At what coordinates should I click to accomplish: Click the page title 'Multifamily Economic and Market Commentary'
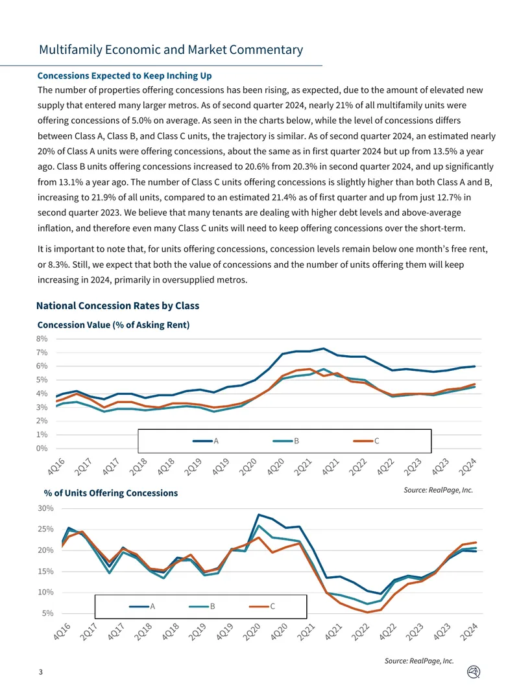(171, 50)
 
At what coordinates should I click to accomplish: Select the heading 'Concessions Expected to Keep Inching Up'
(125, 76)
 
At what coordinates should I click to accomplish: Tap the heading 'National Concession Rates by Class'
(117, 306)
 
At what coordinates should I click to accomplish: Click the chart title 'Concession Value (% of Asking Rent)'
(114, 325)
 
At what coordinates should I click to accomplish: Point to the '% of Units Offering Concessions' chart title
(111, 493)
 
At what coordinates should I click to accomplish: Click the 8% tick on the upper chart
(42, 339)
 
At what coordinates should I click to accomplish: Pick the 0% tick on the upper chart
(42, 448)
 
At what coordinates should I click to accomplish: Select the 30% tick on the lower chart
(46, 508)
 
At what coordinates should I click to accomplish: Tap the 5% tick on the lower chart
(48, 613)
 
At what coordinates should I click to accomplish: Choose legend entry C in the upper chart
(366, 441)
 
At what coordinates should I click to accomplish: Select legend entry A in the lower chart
(142, 606)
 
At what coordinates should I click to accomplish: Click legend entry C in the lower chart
(262, 606)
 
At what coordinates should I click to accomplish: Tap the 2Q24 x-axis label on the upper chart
(467, 467)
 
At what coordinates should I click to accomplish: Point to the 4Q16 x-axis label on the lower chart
(62, 633)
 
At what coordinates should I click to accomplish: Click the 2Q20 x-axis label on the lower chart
(252, 633)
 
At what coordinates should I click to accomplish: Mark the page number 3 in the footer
(41, 672)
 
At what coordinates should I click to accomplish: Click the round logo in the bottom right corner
(473, 672)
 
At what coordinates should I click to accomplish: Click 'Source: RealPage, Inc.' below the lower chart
(419, 661)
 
